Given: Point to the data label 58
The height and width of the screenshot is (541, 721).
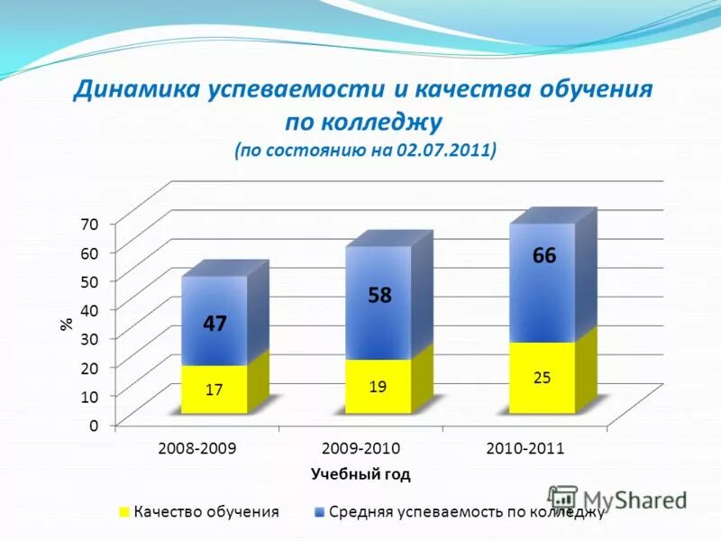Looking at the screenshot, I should click(379, 295).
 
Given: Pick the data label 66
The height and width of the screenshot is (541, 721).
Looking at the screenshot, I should click(543, 256).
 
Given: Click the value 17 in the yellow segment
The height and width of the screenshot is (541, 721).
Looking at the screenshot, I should click(214, 390).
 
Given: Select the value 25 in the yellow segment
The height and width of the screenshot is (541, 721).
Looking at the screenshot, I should click(543, 378).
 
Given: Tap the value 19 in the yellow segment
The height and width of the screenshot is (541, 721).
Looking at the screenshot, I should click(379, 386).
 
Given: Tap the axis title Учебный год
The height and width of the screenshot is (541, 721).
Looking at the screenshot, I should click(360, 472).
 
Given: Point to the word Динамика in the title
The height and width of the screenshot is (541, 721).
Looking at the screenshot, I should click(137, 91).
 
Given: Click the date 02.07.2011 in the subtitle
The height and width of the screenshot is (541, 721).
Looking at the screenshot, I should click(442, 150).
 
